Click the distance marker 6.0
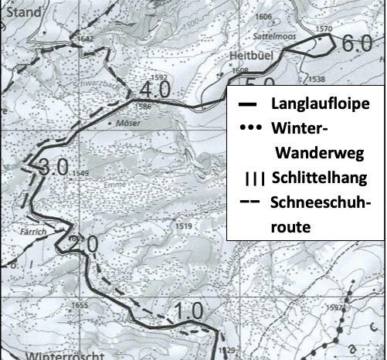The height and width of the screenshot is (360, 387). [x=357, y=44]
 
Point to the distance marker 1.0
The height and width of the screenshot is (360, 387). [x=188, y=311]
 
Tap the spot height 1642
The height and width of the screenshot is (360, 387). [x=85, y=39]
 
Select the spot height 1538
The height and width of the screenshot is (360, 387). [x=315, y=79]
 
